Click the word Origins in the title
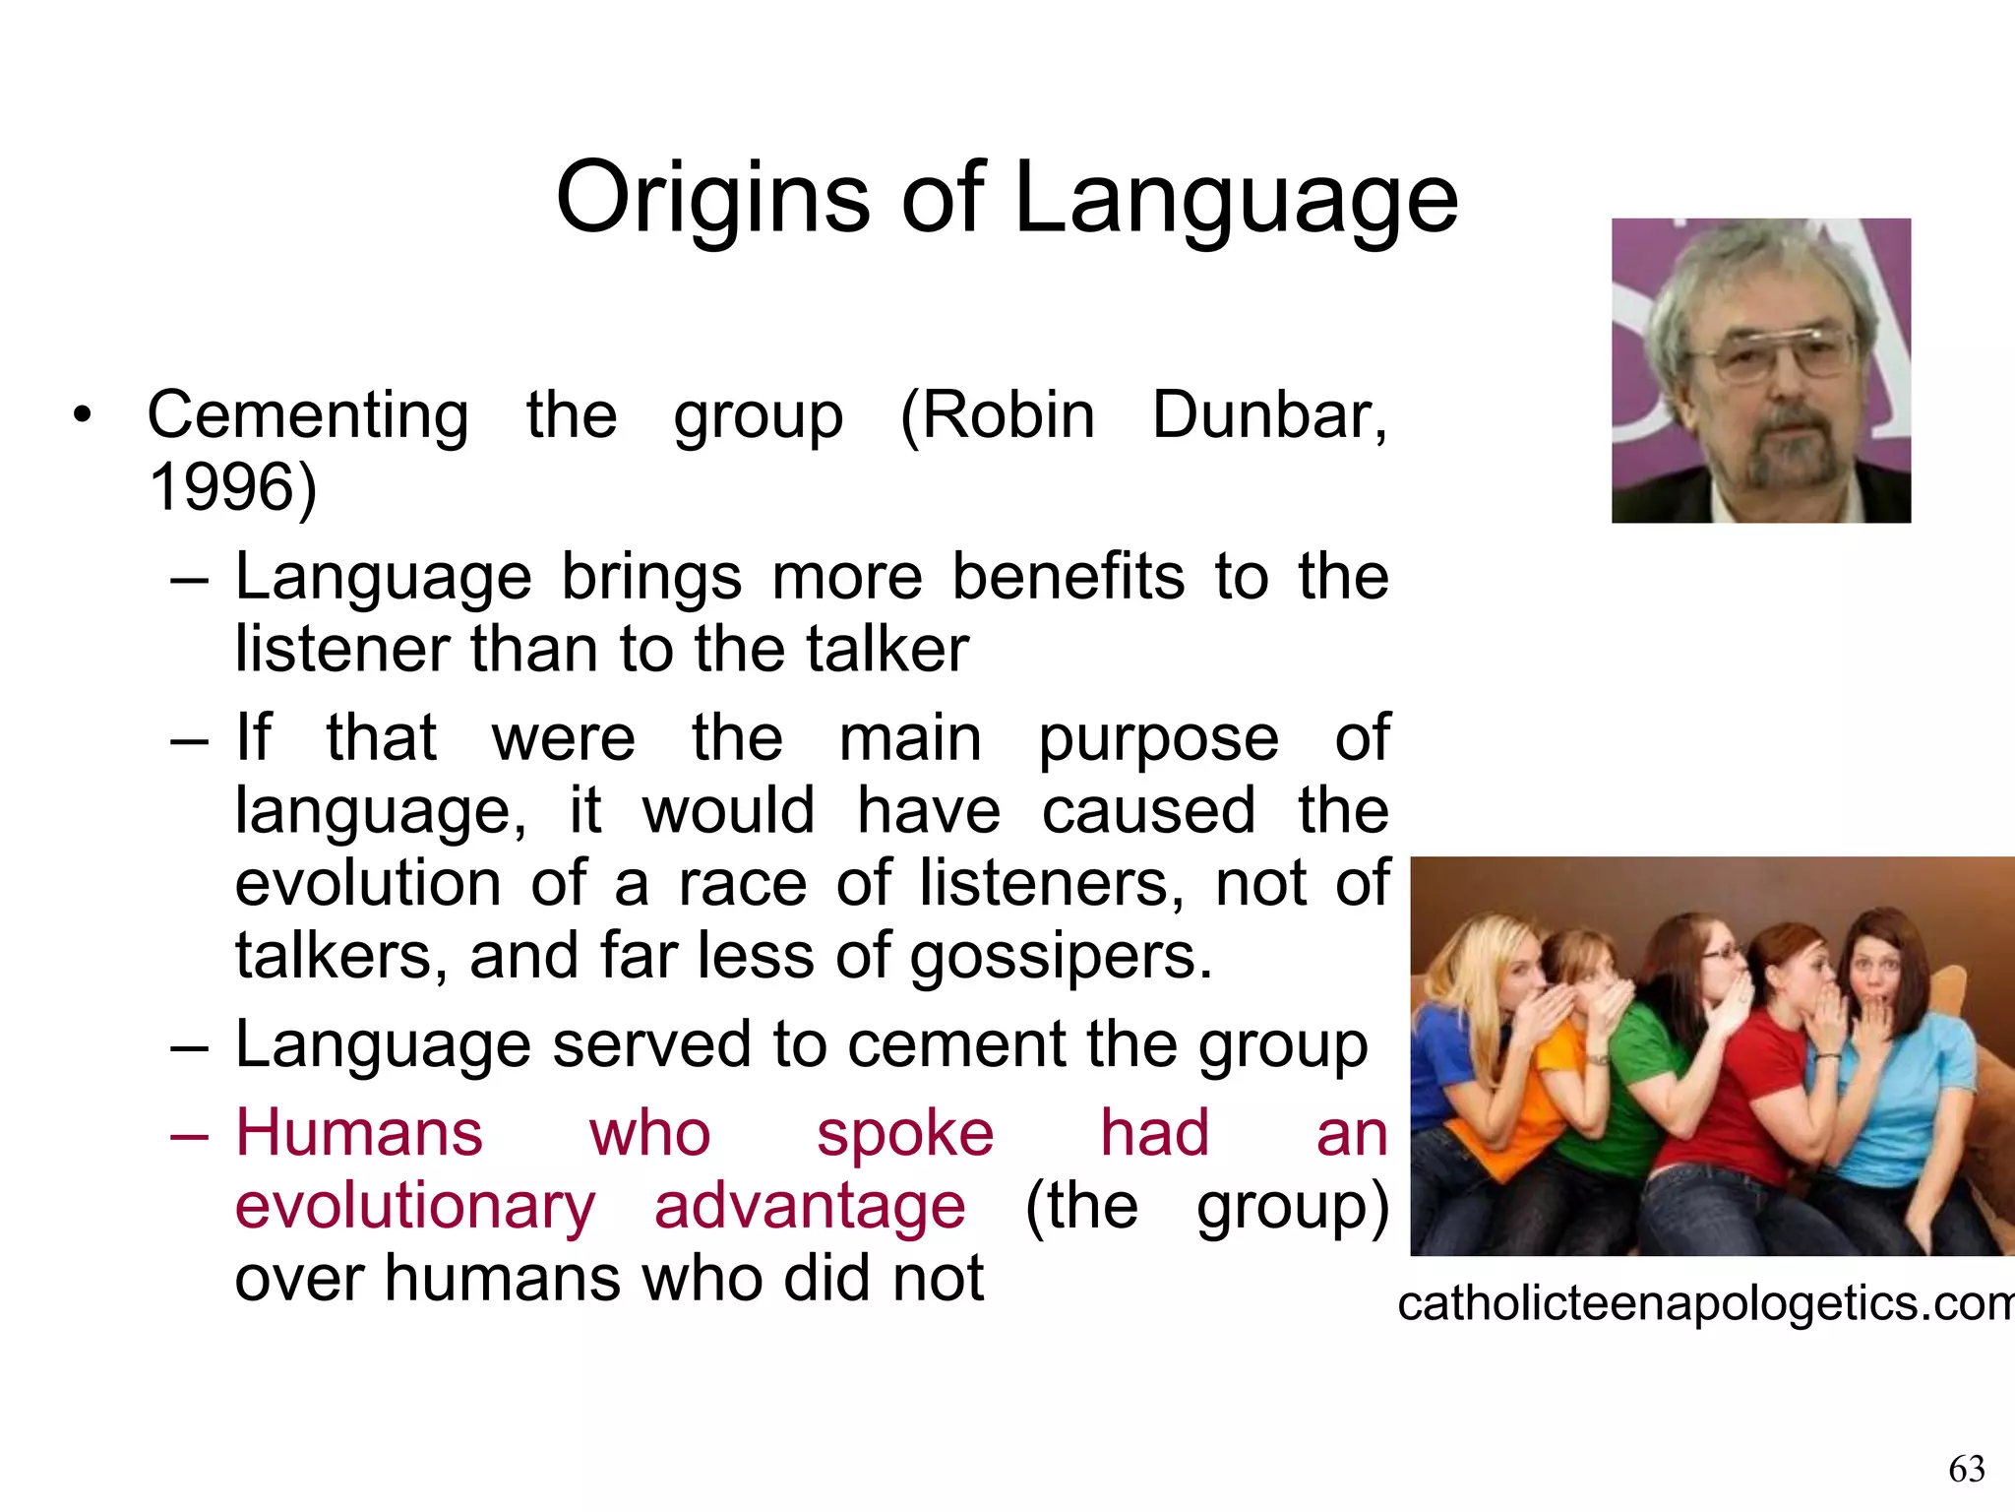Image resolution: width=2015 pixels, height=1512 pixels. (713, 199)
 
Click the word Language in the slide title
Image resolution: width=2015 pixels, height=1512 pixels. (1235, 199)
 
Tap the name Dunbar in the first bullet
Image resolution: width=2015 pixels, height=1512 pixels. (1269, 415)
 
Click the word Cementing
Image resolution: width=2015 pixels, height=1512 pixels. (308, 415)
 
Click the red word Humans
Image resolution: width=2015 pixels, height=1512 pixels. (359, 1133)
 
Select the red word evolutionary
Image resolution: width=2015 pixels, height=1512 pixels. (415, 1206)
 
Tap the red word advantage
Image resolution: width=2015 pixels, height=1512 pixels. (810, 1206)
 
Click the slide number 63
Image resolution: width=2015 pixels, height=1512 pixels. (1967, 1470)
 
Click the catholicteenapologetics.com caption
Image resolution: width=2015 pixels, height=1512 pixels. (1705, 1304)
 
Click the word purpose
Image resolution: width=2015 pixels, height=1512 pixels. (1159, 738)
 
